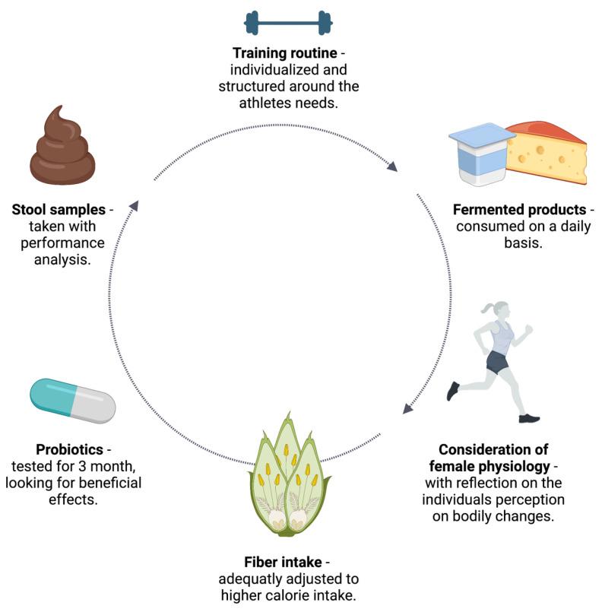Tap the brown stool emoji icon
65,151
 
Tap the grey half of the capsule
93,406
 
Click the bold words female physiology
487,465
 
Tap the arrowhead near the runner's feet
408,408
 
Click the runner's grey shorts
496,363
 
